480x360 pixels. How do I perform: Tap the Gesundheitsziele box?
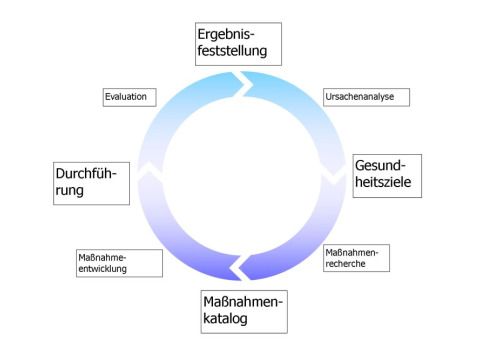click(x=387, y=175)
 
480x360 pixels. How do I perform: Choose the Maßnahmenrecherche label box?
click(x=356, y=258)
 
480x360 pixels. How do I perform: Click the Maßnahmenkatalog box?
click(x=243, y=310)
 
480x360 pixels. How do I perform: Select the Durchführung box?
click(x=91, y=182)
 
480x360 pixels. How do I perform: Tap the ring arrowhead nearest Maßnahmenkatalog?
click(x=240, y=268)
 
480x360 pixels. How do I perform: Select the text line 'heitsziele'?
click(x=386, y=184)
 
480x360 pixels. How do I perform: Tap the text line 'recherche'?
click(x=352, y=264)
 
